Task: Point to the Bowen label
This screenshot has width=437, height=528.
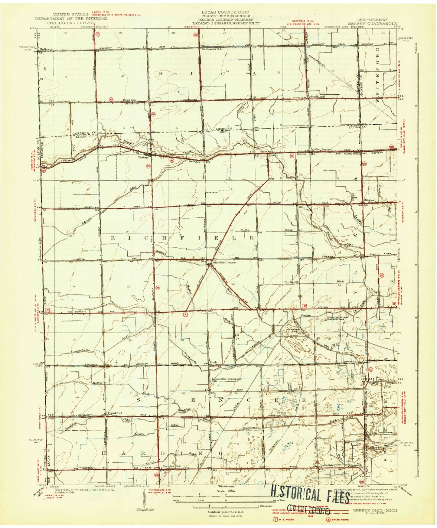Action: [x=273, y=155]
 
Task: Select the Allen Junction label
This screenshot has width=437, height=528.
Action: [x=323, y=149]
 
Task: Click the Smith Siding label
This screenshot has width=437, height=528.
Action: [x=352, y=154]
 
